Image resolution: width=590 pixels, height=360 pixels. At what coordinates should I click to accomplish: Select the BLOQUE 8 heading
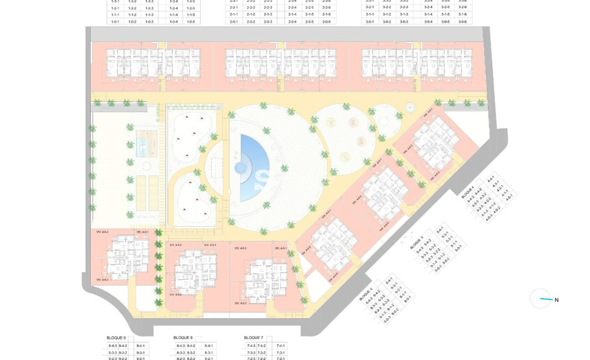[183, 338]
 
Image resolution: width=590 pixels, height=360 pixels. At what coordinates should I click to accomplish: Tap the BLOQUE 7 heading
[253, 338]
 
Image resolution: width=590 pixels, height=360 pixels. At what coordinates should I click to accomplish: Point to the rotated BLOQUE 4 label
[468, 192]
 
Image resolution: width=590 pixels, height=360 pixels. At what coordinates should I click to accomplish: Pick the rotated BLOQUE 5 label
[416, 243]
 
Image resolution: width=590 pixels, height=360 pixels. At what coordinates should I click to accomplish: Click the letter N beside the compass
[556, 300]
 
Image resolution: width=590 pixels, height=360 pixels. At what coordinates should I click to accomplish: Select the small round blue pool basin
[240, 168]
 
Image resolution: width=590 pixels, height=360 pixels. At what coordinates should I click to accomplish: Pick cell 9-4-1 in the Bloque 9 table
[140, 346]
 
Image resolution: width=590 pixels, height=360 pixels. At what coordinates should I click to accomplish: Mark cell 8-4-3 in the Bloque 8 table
[180, 346]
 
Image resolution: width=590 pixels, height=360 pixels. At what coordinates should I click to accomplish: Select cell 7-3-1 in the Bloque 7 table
[280, 352]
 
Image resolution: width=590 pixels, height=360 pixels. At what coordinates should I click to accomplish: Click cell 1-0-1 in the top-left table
[115, 22]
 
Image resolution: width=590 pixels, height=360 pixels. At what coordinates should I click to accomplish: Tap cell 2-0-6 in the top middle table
[326, 22]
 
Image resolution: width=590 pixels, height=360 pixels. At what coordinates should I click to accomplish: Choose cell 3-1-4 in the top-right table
[428, 14]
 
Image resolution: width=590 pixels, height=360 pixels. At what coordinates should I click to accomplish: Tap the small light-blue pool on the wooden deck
[142, 145]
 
